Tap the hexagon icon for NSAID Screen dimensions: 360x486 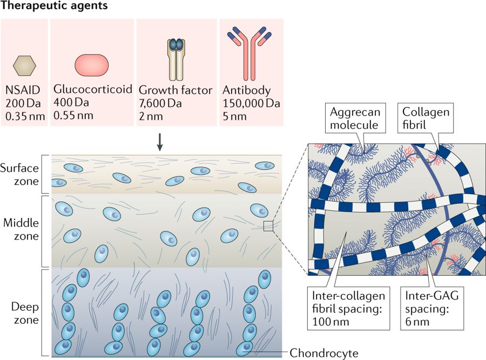(x=25, y=65)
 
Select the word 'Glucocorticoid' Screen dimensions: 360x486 (x=93, y=89)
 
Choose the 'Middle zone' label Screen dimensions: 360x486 (x=21, y=230)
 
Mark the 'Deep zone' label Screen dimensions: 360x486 (x=25, y=314)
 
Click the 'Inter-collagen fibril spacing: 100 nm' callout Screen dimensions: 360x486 (x=349, y=308)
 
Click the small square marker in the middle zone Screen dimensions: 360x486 (x=268, y=226)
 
